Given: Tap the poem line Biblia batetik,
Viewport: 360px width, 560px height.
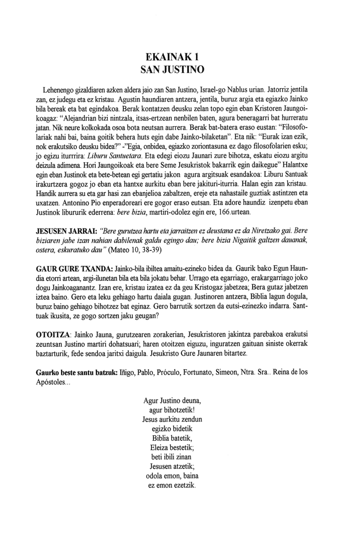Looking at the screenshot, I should [172, 438].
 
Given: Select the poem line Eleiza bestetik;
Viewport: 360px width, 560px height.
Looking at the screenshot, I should [172, 447].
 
